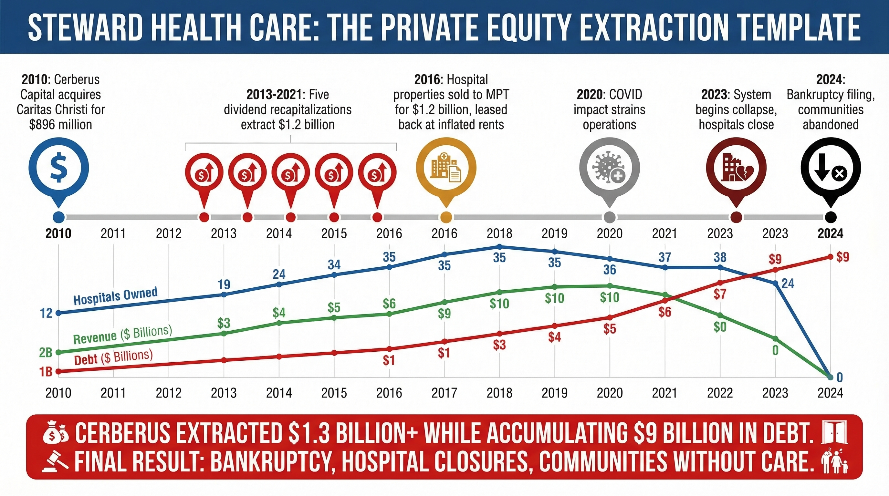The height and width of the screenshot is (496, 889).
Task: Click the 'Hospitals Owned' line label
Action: pyautogui.click(x=115, y=295)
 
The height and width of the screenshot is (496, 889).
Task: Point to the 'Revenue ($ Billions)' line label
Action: pyautogui.click(x=122, y=335)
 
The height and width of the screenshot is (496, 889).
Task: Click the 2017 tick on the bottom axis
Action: pyautogui.click(x=444, y=393)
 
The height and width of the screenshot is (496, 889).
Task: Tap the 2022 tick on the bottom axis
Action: pyautogui.click(x=720, y=393)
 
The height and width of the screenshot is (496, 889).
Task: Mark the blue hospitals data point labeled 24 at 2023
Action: pyautogui.click(x=775, y=284)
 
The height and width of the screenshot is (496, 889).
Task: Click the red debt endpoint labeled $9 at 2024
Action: pyautogui.click(x=831, y=257)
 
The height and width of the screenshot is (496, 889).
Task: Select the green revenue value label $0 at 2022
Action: pyautogui.click(x=720, y=327)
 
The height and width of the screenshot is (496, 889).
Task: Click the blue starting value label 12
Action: pyautogui.click(x=46, y=313)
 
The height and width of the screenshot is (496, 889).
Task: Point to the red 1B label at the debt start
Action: pyautogui.click(x=46, y=372)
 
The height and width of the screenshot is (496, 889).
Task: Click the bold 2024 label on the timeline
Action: pyautogui.click(x=830, y=233)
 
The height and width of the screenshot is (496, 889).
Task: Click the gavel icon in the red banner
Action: pyautogui.click(x=55, y=461)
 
